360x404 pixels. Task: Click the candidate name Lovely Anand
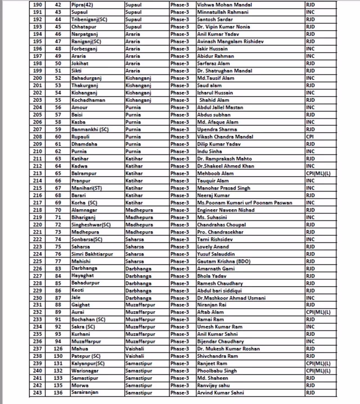click(213, 247)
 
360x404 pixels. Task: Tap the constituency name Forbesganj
click(84, 49)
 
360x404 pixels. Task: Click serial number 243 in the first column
click(37, 393)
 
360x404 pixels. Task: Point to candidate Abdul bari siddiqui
click(219, 291)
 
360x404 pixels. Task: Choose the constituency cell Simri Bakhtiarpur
click(92, 254)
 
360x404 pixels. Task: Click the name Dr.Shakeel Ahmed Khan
click(226, 166)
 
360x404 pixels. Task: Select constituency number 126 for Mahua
click(58, 349)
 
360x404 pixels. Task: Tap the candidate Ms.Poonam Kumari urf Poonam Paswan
click(244, 203)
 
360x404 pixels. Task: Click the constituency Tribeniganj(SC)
click(89, 20)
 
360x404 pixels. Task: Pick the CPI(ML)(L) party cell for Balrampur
click(318, 173)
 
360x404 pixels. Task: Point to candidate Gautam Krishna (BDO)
click(224, 261)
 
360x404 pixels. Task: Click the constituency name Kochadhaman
click(88, 100)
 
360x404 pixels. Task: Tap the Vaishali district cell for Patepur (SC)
click(135, 356)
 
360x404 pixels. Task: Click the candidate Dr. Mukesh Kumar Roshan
click(228, 349)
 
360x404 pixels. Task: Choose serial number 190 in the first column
click(37, 5)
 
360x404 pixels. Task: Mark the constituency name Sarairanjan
click(85, 392)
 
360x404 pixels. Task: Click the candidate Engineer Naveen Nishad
click(226, 210)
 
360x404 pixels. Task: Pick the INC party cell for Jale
click(310, 298)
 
